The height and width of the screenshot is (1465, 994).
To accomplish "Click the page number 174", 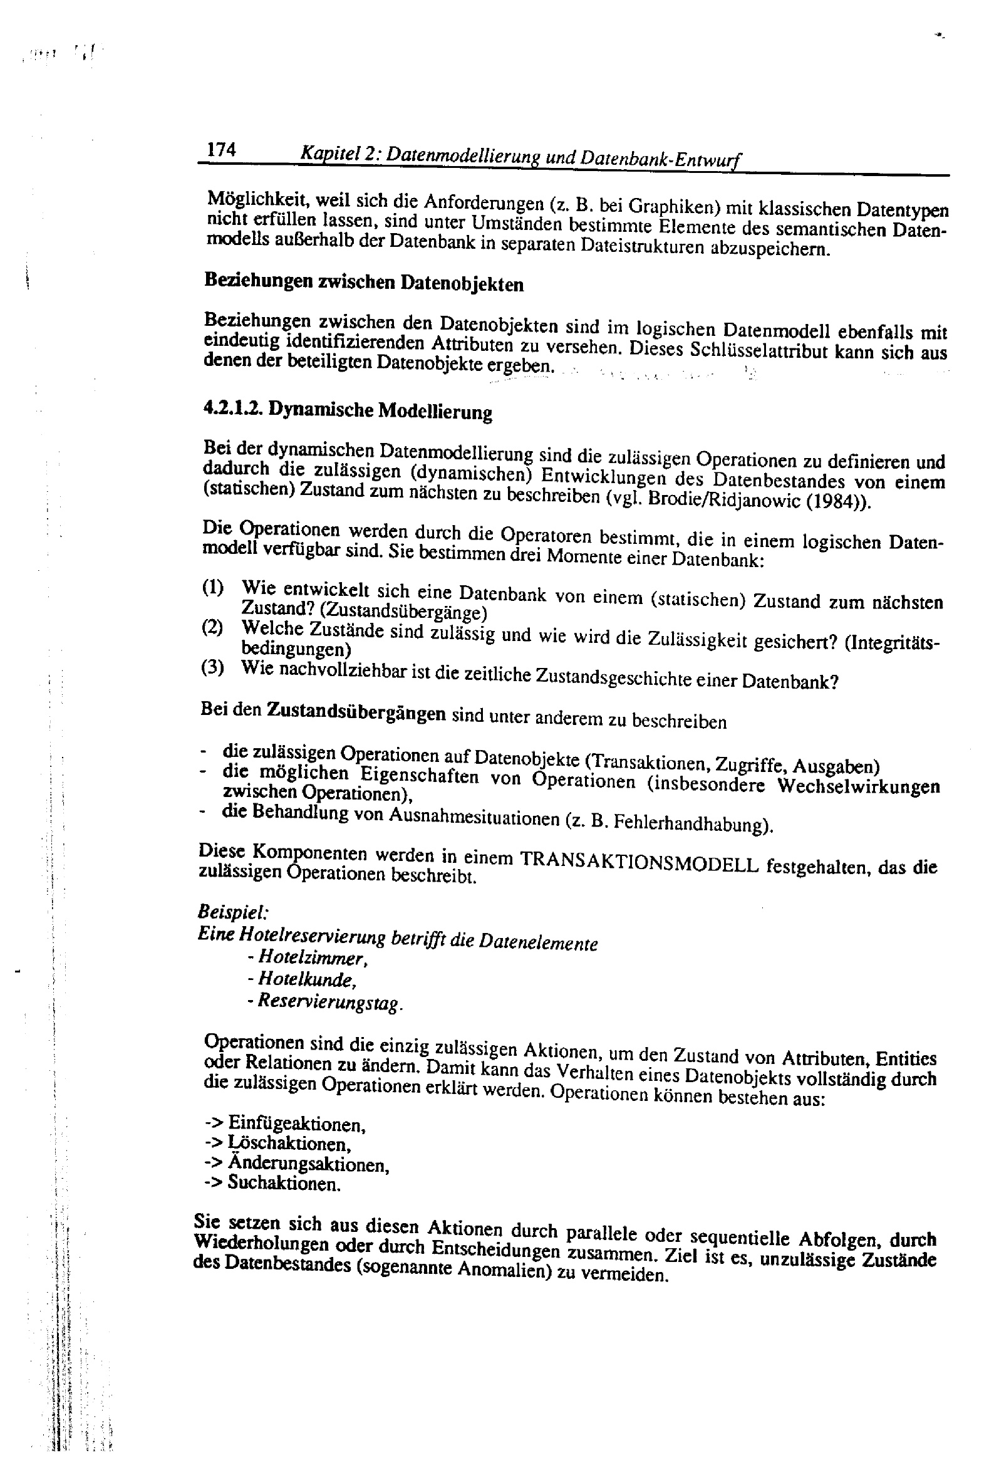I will [x=221, y=150].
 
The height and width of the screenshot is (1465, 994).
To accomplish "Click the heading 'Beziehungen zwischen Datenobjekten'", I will [x=364, y=282].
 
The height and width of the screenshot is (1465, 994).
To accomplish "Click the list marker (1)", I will [x=213, y=588].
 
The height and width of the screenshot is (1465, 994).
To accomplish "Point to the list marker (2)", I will [x=212, y=628].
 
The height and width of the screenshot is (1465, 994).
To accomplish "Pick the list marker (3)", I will [x=212, y=667].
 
